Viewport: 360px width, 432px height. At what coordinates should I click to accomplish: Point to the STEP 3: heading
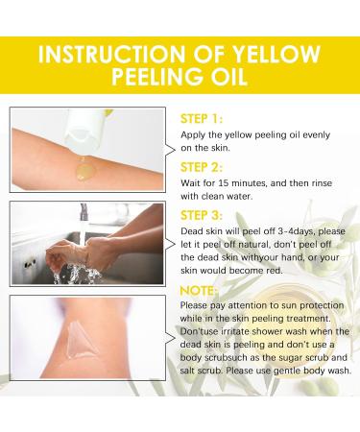click(204, 215)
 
